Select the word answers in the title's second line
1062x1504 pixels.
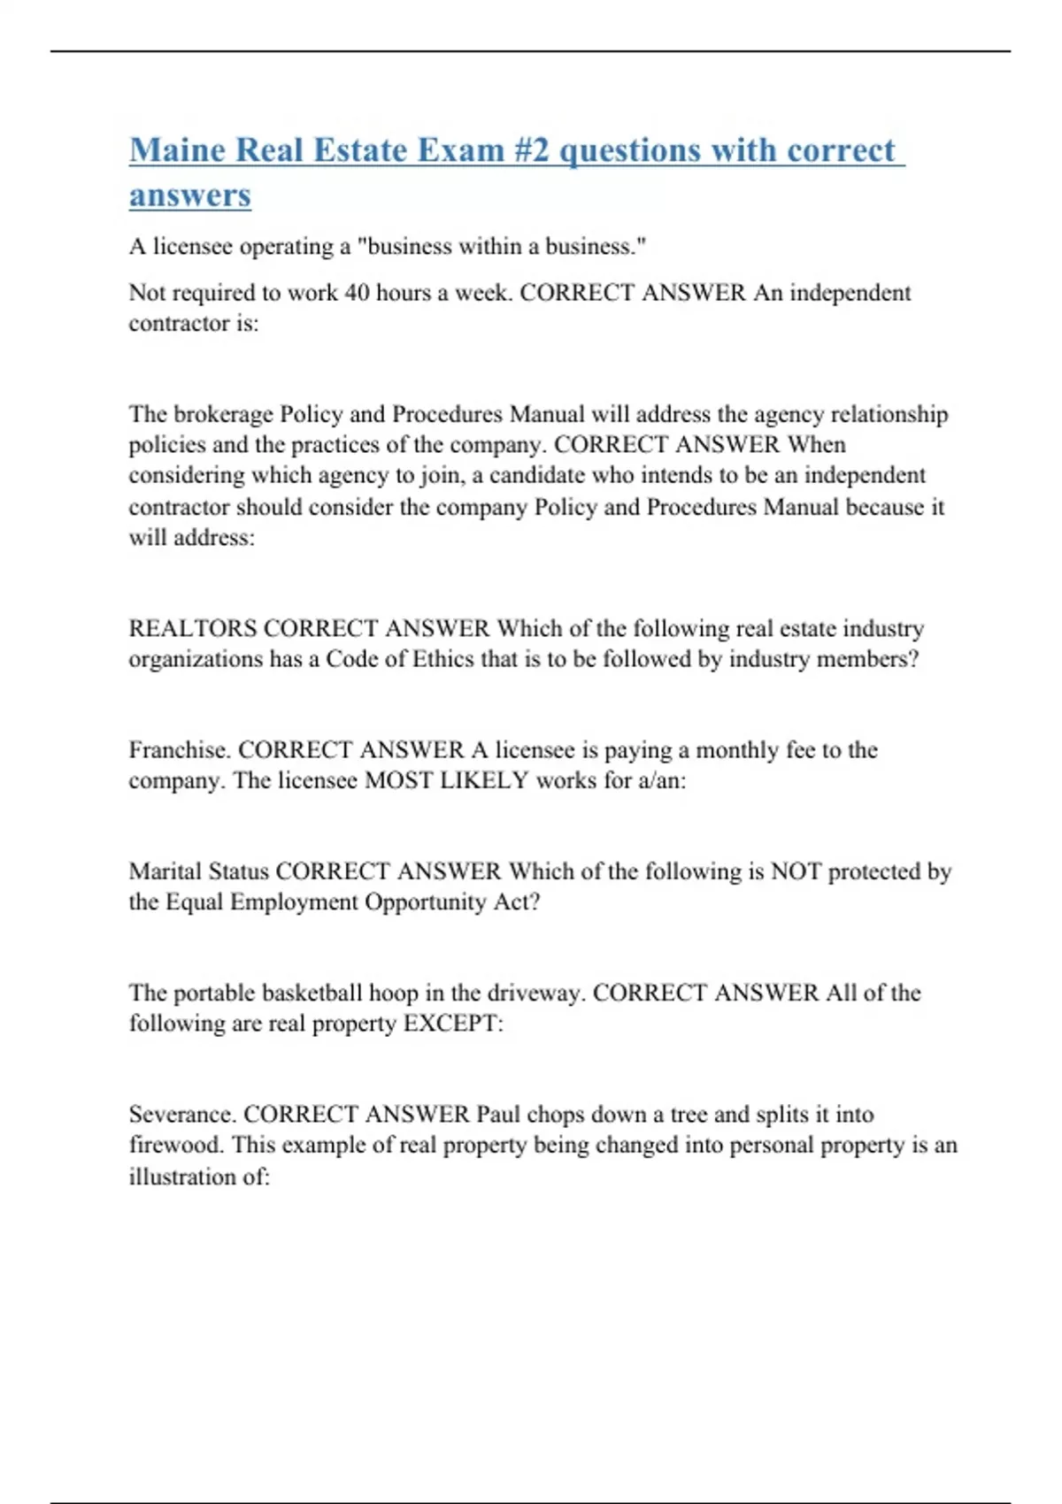[x=189, y=196]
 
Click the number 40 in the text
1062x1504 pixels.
[x=357, y=293]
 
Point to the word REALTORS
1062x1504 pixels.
[x=193, y=629]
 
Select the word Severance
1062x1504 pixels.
[x=182, y=1115]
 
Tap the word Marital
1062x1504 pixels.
[x=166, y=871]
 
